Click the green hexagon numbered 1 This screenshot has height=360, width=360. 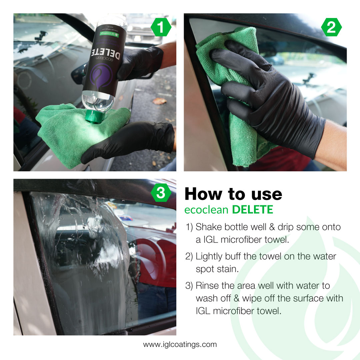coord(161,28)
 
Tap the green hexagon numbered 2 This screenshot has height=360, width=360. coord(331,28)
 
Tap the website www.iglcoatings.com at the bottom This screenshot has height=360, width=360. coord(180,344)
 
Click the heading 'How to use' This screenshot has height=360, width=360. coord(233,194)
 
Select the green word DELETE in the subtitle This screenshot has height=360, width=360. coord(252,209)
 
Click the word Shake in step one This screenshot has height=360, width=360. coord(207,227)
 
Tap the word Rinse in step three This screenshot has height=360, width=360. coord(207,286)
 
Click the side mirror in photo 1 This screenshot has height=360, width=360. coord(79,72)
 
